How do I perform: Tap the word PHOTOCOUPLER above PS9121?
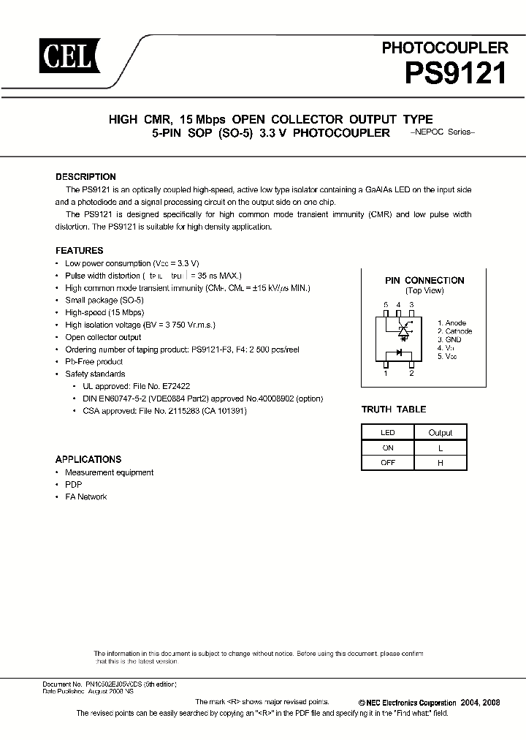(x=444, y=48)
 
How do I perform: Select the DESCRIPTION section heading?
(x=85, y=177)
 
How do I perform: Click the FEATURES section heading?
(x=79, y=251)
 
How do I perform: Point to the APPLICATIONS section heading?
(x=88, y=460)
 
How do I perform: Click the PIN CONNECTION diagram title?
(x=424, y=281)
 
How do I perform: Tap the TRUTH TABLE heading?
(x=394, y=409)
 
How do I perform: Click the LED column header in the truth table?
(x=388, y=433)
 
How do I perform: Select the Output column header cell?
(x=441, y=433)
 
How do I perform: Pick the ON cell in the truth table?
(x=388, y=448)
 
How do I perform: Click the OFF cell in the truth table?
(x=388, y=462)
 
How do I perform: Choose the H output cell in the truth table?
(x=441, y=462)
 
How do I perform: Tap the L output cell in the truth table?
(x=441, y=448)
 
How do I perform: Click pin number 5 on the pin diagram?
(x=386, y=304)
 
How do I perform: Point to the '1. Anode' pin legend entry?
(x=451, y=323)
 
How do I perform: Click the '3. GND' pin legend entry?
(x=449, y=340)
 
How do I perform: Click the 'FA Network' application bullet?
(x=85, y=497)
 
